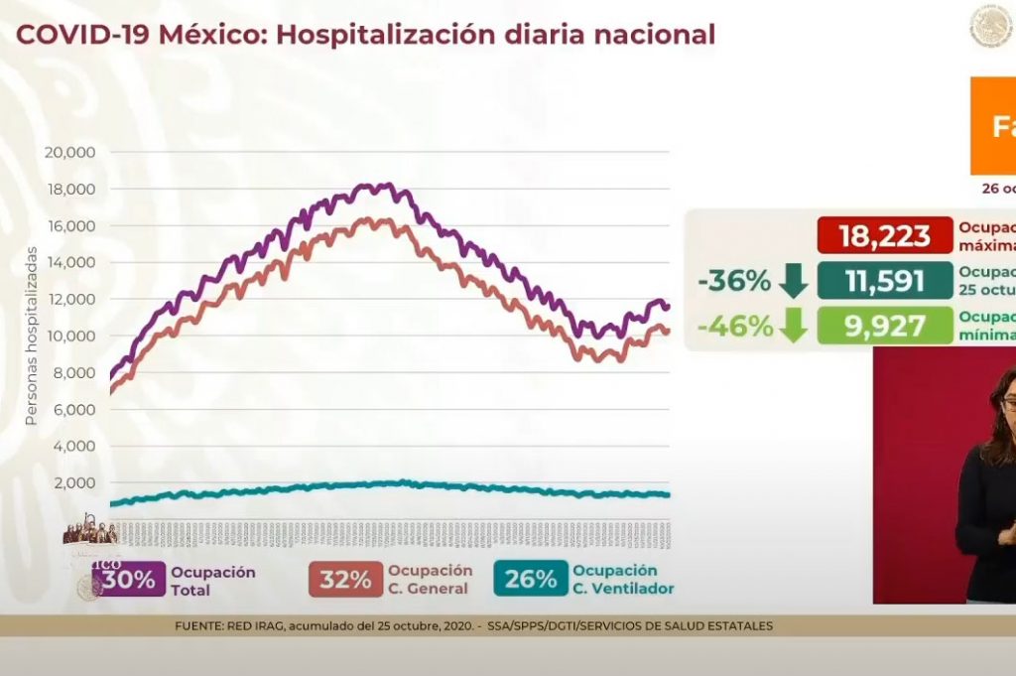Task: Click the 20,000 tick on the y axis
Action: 68,152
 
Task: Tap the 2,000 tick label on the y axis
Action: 73,482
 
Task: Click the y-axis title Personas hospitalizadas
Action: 31,337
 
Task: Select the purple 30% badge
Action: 127,580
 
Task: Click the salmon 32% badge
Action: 344,580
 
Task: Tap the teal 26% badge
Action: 530,580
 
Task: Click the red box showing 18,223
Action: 884,235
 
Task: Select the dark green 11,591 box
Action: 884,281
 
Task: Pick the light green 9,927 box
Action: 884,326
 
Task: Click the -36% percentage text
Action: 733,281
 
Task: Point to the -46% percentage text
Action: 733,326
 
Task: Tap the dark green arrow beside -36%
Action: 794,281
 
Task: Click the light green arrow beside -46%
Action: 794,326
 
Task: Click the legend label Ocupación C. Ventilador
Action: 622,580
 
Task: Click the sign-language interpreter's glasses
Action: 1007,404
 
